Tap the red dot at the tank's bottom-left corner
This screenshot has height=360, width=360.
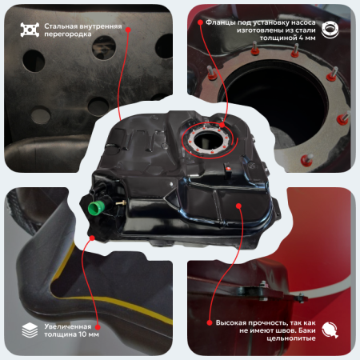pos(94,238)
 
